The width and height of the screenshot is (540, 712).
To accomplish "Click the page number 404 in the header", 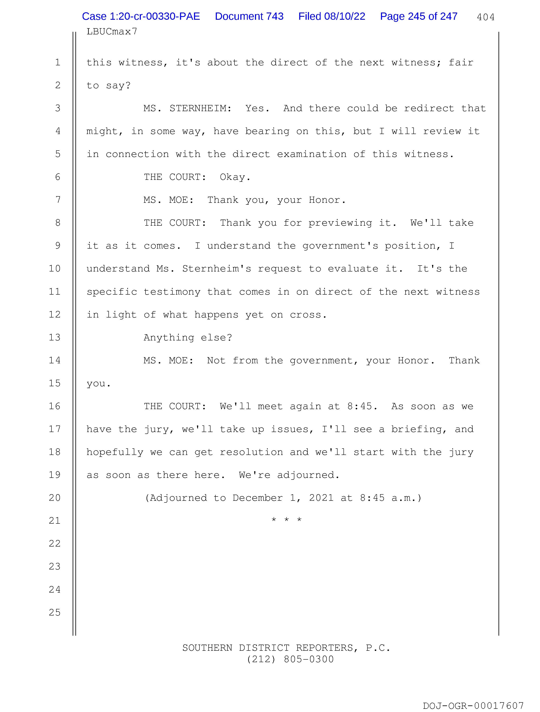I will point(486,17).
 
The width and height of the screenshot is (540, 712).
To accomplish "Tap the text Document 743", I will point(249,16).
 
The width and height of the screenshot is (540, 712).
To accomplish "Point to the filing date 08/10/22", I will point(345,16).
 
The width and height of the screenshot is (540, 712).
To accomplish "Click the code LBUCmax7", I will point(112,32).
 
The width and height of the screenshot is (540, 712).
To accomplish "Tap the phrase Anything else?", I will point(188,338).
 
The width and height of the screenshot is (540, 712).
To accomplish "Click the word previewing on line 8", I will point(340,223).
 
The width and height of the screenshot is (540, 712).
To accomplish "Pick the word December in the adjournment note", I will point(258,498).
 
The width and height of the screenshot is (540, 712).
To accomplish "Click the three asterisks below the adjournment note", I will point(286,520).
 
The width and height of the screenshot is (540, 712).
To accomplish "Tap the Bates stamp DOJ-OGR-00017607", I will point(473,706).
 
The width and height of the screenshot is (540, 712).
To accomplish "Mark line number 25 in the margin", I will point(55,612).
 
